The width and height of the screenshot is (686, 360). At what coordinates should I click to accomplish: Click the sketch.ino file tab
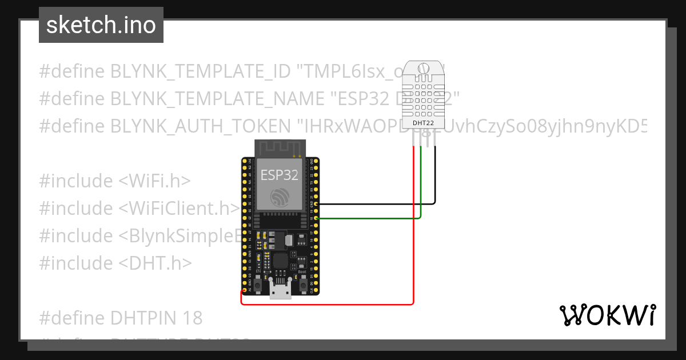pyautogui.click(x=101, y=25)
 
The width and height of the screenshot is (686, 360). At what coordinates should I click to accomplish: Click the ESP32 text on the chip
pyautogui.click(x=280, y=175)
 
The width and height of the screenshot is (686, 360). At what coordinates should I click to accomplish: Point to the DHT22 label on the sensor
pyautogui.click(x=424, y=123)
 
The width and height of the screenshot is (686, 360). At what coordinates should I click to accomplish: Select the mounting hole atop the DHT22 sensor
pyautogui.click(x=424, y=69)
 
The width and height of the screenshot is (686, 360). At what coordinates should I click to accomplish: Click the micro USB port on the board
pyautogui.click(x=280, y=291)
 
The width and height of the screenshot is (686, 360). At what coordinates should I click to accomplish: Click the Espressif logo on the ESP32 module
pyautogui.click(x=280, y=198)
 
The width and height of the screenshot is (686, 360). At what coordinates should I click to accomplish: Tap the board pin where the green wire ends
pyautogui.click(x=316, y=218)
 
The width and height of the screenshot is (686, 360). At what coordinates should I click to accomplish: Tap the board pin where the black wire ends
pyautogui.click(x=316, y=203)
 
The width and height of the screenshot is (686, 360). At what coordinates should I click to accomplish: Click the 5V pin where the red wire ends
pyautogui.click(x=244, y=290)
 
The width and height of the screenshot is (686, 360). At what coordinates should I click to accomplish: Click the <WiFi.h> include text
pyautogui.click(x=154, y=181)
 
